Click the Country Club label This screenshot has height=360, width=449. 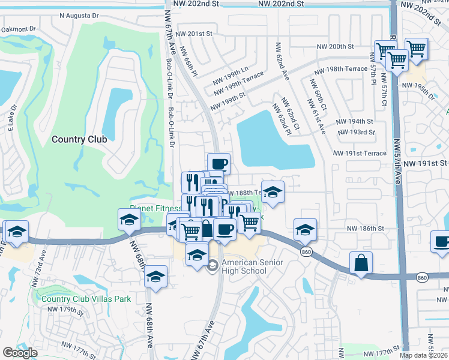pos(79,139)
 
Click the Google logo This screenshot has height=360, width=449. pos(20,353)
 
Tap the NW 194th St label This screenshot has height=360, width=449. pos(356,121)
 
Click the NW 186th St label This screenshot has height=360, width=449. pos(366,229)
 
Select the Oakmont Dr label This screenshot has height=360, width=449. pos(19,29)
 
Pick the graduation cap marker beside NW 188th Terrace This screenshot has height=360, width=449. pos(273,192)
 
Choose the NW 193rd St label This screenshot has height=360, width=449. pos(357,132)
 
